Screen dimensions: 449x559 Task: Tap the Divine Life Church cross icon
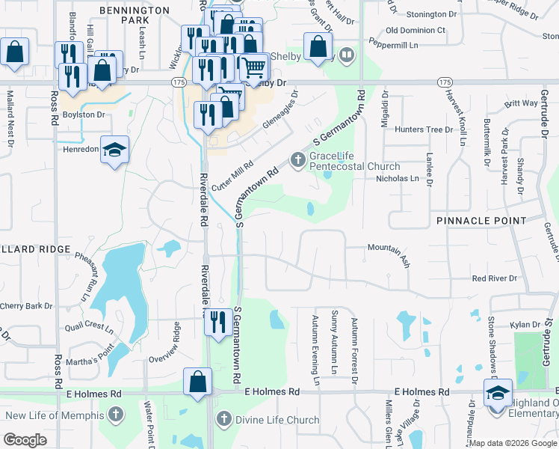click(x=223, y=420)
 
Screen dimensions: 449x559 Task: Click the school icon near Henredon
click(x=114, y=150)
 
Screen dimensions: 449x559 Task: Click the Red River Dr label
click(x=494, y=278)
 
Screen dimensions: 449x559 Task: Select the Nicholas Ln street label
click(x=397, y=179)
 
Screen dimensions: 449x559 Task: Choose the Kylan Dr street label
click(x=525, y=325)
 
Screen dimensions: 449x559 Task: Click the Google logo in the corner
click(x=25, y=440)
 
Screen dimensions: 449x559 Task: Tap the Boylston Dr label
click(x=83, y=114)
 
